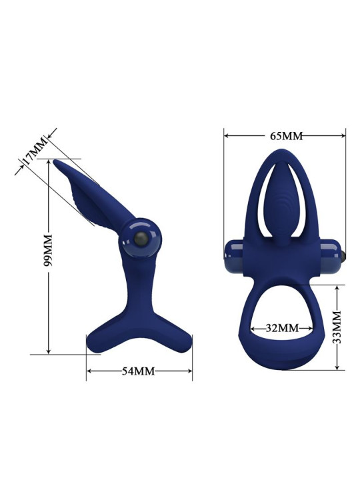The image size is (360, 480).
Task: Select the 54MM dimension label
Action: pos(139,371)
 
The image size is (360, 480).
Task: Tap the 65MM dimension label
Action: pos(286,136)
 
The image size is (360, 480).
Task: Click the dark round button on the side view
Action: pos(141,241)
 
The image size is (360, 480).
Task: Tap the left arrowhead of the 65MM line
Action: pos(227,135)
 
